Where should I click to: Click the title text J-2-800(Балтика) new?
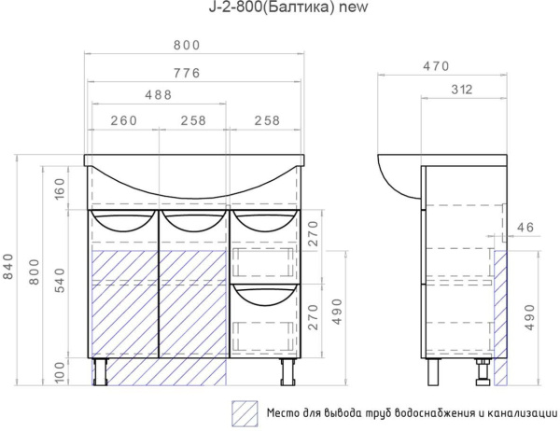pos(288,7)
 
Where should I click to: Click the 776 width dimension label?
pos(187,73)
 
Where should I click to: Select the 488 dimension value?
pos(159,95)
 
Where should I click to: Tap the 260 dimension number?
pos(123,120)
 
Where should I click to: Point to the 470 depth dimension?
pos(436,66)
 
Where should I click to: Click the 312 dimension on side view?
pos(461,90)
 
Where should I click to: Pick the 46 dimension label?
pos(525,228)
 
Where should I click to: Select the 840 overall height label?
pos(7,267)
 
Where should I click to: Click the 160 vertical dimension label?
pos(60,188)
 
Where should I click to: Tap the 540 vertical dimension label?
pos(60,281)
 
